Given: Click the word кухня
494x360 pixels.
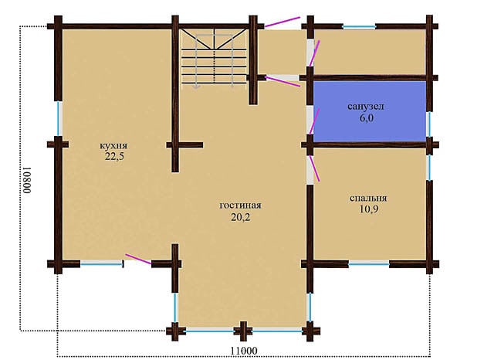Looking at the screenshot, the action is tap(113, 146).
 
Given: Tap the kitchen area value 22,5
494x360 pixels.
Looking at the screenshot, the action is tap(114, 157).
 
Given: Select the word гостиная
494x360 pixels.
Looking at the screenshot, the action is tap(240, 205).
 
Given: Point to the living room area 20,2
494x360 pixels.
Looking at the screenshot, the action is tap(241, 217).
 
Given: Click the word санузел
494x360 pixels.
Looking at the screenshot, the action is tap(366, 107).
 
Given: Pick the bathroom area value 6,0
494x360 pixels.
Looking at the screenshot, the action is tap(367, 118).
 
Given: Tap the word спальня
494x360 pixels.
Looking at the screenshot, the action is tap(368, 199).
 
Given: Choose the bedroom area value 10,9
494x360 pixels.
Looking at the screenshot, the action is tap(369, 209).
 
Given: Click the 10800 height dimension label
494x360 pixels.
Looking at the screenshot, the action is tap(28, 180).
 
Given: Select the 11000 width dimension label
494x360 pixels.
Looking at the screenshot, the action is tap(244, 351).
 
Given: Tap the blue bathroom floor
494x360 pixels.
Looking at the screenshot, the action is tap(370, 111).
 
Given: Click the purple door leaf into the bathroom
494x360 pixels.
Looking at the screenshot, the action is tap(314, 121).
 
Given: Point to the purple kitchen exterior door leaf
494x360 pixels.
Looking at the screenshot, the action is tap(138, 259).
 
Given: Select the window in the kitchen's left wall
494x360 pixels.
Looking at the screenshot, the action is tap(59, 118).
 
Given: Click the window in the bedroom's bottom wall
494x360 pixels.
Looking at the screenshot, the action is tap(369, 264).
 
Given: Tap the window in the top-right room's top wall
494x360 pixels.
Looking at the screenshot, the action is tap(359, 27).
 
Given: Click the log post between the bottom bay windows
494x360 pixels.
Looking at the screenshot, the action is tap(243, 331).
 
